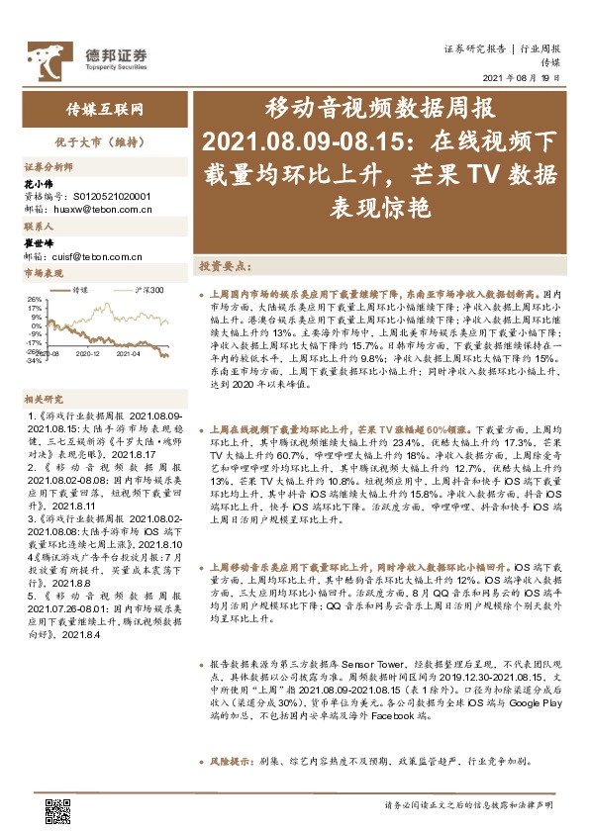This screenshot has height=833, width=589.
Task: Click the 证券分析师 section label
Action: [49, 167]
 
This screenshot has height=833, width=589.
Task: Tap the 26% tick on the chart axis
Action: [33, 298]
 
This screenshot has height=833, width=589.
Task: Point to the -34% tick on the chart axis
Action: [32, 360]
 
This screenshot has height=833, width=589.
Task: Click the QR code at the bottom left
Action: [57, 810]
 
